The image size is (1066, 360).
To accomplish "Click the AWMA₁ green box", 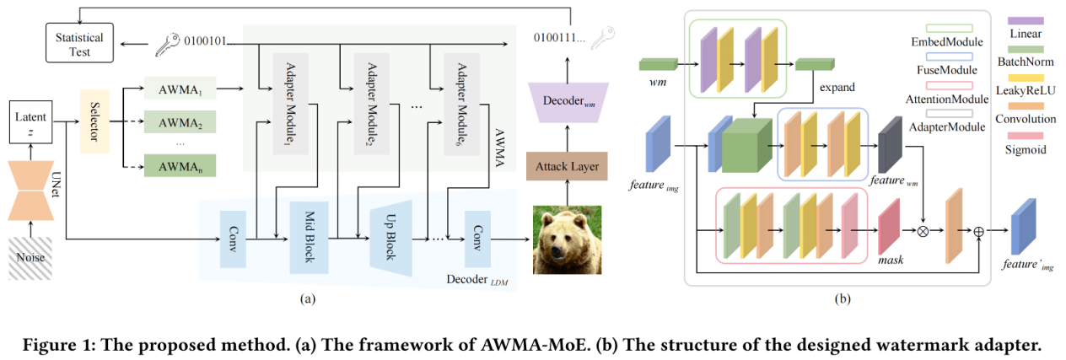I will pyautogui.click(x=180, y=89).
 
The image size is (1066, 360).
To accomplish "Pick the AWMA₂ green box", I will pyautogui.click(x=180, y=123).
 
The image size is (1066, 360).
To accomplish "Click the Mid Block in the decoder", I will pyautogui.click(x=308, y=237).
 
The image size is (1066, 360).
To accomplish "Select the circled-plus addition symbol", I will pyautogui.click(x=978, y=228).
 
